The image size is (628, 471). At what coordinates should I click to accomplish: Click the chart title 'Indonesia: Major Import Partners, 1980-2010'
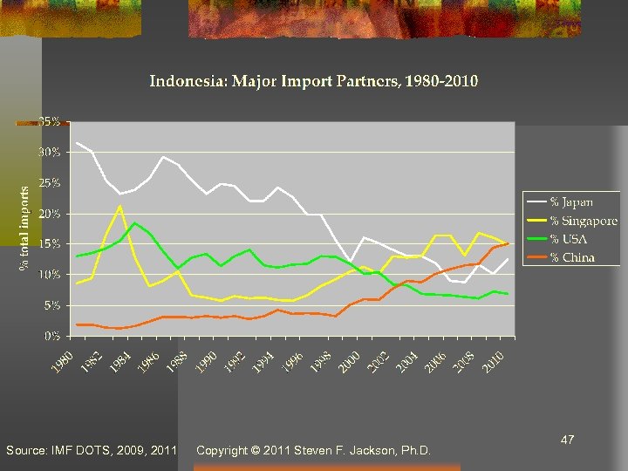click(314, 82)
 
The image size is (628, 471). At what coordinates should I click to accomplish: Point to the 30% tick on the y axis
click(51, 152)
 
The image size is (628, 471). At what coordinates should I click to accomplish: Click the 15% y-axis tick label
click(51, 243)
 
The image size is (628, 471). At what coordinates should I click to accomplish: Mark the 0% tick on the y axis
click(52, 335)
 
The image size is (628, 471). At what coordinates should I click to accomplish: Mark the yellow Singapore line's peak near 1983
click(120, 206)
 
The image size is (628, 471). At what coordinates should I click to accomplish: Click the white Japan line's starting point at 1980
click(77, 143)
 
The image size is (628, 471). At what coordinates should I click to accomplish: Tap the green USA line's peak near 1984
click(134, 223)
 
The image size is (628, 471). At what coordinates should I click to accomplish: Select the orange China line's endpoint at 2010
click(508, 243)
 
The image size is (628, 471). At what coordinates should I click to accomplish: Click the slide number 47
click(567, 441)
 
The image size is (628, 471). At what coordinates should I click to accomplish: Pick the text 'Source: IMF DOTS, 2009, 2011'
click(91, 451)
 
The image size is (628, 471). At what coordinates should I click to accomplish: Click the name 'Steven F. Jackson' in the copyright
click(349, 451)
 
